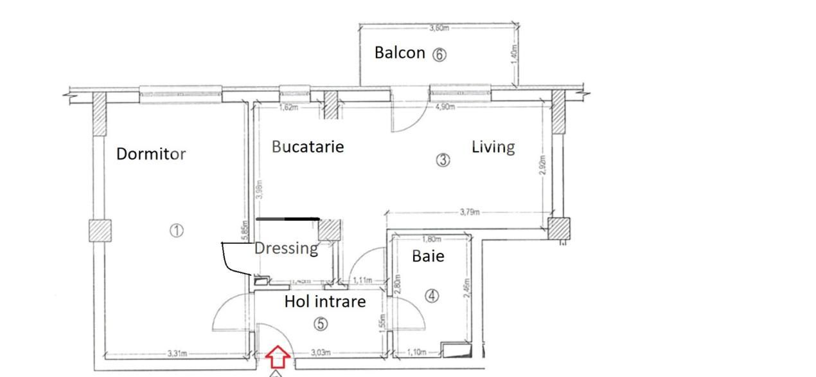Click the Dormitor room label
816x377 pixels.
tap(151, 154)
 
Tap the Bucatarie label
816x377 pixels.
tap(308, 147)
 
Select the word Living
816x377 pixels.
tap(493, 147)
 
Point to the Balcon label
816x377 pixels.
tap(400, 53)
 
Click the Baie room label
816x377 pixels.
tap(428, 256)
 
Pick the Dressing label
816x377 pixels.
tap(287, 248)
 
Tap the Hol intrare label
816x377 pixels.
tap(325, 301)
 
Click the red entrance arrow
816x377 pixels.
tap(276, 354)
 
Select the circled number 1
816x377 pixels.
tap(177, 230)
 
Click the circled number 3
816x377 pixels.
tap(443, 160)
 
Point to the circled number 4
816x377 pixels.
tap(432, 296)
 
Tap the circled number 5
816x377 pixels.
tap(321, 324)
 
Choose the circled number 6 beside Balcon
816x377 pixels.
tap(439, 55)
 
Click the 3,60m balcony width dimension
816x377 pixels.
tap(439, 28)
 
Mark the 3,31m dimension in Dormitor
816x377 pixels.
tap(177, 353)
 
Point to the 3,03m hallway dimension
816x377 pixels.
tap(321, 353)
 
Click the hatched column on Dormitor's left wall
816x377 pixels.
tap(100, 230)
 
